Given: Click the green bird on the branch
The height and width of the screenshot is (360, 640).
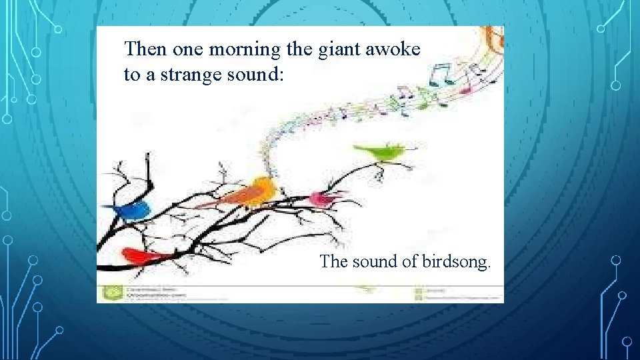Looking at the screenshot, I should pos(383,152).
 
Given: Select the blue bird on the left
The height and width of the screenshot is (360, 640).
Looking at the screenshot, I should pos(134,211).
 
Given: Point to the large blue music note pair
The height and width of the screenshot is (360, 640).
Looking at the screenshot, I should pos(439,73).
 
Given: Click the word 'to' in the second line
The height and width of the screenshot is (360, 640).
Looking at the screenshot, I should pos(131,75).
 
